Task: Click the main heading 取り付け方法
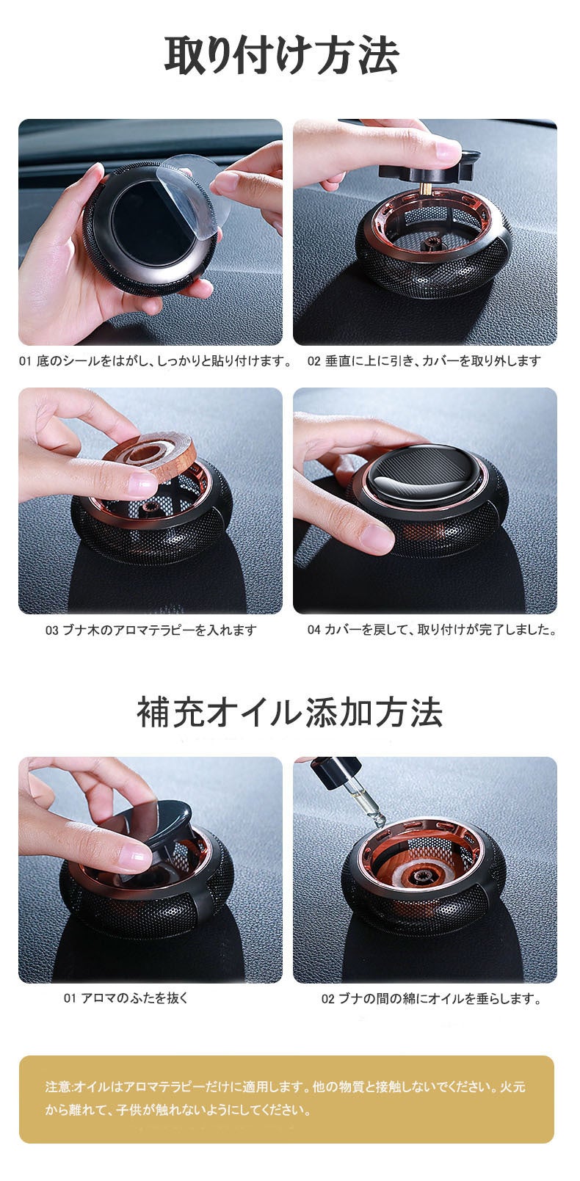(x=281, y=56)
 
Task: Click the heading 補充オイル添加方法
(x=289, y=712)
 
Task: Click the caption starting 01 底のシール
(x=155, y=361)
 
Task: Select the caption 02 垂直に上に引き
(x=424, y=361)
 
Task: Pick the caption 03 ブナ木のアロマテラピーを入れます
(x=151, y=630)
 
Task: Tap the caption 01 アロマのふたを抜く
(x=126, y=998)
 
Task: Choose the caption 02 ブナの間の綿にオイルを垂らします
(x=432, y=999)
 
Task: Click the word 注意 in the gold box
(x=57, y=1086)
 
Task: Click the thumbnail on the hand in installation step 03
(x=141, y=484)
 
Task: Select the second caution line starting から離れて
(x=178, y=1110)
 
